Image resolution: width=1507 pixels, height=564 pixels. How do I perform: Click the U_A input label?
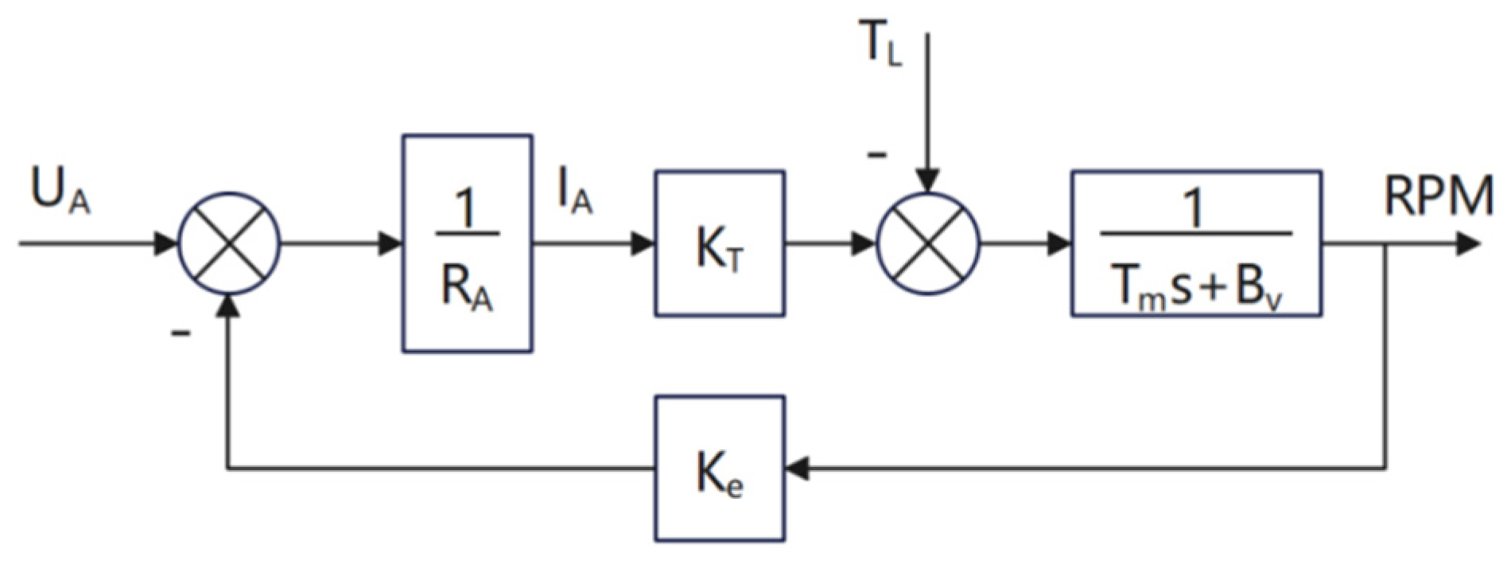(x=60, y=190)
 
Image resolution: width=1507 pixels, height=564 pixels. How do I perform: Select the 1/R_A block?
(x=467, y=243)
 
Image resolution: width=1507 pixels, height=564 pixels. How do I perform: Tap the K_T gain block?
(x=720, y=243)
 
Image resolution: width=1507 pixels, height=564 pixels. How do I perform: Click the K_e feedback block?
(x=720, y=469)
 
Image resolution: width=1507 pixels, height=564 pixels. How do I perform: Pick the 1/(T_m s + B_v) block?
(x=1196, y=243)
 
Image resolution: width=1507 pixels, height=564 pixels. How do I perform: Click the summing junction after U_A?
(x=229, y=243)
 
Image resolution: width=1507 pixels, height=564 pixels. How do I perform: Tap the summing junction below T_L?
(x=928, y=243)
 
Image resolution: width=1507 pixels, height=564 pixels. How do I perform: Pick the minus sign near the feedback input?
(x=181, y=333)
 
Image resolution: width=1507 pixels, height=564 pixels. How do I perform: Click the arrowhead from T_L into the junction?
(x=928, y=181)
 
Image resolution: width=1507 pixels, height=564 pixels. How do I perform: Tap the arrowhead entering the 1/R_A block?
(x=390, y=243)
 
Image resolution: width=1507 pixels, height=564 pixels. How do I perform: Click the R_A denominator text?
(x=467, y=290)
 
